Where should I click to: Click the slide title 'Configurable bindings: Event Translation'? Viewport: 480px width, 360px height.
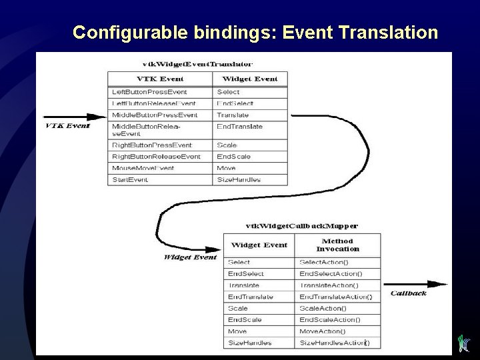[255, 33]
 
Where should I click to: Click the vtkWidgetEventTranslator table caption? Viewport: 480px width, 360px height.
[197, 64]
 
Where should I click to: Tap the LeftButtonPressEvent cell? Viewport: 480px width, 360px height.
[150, 92]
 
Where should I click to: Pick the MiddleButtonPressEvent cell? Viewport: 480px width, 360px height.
[155, 115]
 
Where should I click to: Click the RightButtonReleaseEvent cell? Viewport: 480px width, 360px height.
[156, 157]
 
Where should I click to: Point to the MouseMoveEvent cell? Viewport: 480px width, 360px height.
[143, 168]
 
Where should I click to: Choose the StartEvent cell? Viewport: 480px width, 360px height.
[131, 179]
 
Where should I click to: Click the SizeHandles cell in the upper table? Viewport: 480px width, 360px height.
[239, 179]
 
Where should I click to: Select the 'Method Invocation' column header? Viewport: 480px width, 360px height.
[337, 245]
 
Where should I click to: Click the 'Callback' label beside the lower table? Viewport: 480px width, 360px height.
[408, 293]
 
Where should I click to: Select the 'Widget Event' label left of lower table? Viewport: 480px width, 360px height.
[190, 257]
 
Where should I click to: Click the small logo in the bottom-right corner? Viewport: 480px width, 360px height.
[465, 343]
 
